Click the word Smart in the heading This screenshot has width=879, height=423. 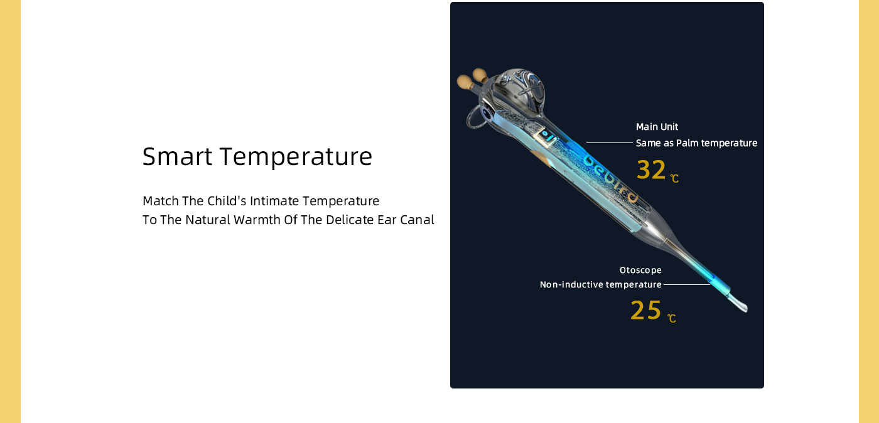click(177, 156)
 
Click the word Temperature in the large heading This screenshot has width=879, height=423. click(296, 157)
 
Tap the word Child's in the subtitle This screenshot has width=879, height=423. click(227, 201)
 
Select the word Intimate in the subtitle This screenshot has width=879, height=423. click(274, 201)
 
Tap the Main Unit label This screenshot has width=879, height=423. click(657, 127)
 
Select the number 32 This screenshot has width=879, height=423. click(651, 170)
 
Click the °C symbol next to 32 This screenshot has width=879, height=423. click(674, 178)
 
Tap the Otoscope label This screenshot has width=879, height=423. click(640, 270)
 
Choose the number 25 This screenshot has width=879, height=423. click(645, 311)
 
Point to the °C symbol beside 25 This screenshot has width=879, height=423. click(672, 318)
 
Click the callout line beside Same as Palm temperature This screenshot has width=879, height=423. click(610, 143)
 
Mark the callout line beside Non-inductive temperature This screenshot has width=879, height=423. click(687, 284)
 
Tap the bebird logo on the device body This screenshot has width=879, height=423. click(610, 178)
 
